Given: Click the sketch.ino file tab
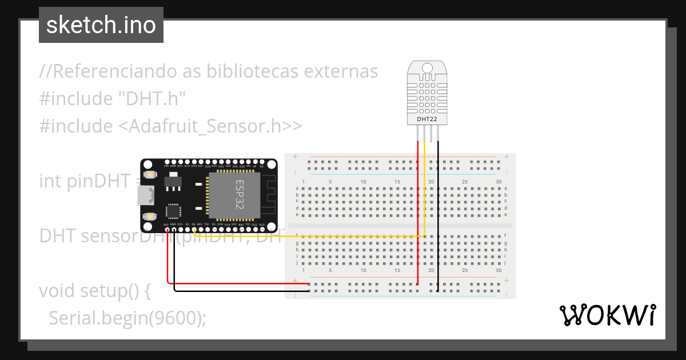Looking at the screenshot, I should click(101, 25).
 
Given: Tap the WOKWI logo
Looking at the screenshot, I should click(607, 315).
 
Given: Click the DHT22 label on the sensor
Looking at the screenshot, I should click(427, 119).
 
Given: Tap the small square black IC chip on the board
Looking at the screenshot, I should click(173, 211).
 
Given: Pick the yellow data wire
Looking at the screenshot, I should click(309, 235).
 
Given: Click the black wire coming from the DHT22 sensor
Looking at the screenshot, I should click(438, 217).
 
